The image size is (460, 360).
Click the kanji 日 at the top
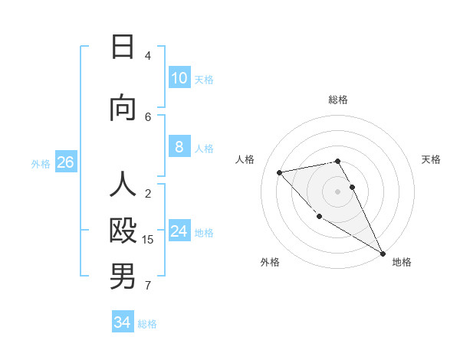click(123, 47)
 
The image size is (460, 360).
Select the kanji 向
click(123, 108)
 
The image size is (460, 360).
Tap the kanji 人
click(123, 186)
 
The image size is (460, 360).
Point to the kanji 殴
click(123, 231)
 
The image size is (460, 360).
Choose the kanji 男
click(123, 277)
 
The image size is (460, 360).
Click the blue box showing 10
click(179, 78)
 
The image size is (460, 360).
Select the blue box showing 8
click(179, 147)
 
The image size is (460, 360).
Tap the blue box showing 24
click(179, 231)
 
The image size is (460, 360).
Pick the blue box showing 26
click(65, 162)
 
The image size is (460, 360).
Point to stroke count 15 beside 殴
click(148, 240)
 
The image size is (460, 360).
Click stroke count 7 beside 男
click(148, 286)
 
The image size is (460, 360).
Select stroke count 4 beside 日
click(148, 55)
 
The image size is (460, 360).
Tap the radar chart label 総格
click(338, 100)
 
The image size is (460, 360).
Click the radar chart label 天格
click(431, 159)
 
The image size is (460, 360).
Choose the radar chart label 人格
click(245, 159)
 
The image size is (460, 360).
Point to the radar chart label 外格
click(270, 262)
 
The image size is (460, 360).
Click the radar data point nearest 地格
click(383, 254)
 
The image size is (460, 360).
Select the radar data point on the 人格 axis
click(280, 172)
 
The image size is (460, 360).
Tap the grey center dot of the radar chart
click(338, 191)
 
